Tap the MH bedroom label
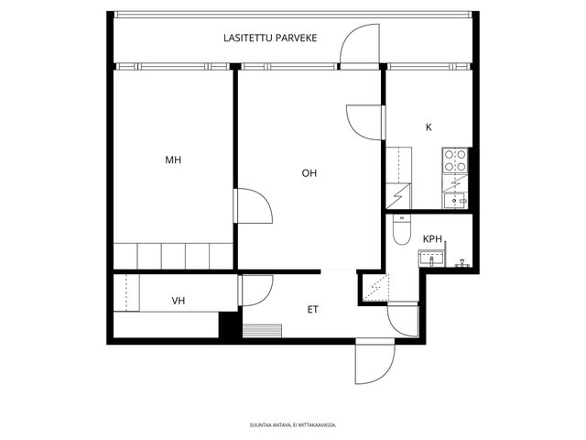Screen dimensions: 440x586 [173, 160]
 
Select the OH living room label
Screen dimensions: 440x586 [310, 172]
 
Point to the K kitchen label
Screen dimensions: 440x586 [429, 127]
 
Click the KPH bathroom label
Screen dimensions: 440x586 [432, 239]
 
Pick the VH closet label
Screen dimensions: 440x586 [179, 300]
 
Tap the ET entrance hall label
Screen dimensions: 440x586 [313, 309]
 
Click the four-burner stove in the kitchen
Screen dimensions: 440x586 [456, 162]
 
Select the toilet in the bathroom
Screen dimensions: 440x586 [400, 229]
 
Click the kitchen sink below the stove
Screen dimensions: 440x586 [456, 195]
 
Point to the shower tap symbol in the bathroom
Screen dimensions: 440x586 [463, 263]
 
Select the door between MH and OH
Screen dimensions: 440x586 [252, 206]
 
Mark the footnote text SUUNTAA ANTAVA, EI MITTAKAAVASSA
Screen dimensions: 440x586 [292, 424]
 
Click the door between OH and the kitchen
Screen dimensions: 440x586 [364, 121]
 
